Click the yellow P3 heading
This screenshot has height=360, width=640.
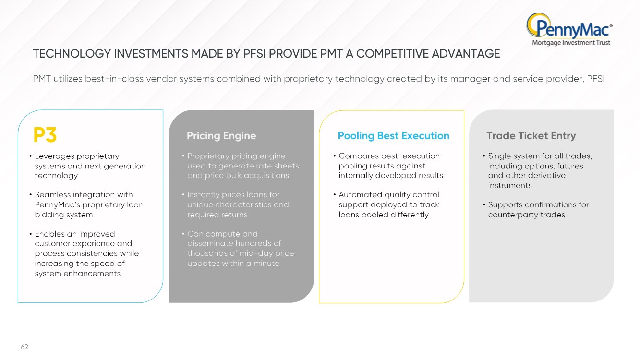(45, 134)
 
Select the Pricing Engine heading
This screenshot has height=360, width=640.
(221, 136)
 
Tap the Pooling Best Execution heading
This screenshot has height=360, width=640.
(393, 136)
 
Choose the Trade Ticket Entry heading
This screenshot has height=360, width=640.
(531, 136)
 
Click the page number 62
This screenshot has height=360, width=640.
(24, 347)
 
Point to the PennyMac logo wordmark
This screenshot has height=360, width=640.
(569, 28)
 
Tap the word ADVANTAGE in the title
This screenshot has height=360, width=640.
(466, 54)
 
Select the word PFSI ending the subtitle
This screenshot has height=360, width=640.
(595, 79)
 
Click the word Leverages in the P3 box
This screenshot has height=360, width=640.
(54, 156)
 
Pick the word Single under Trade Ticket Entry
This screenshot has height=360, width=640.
(500, 156)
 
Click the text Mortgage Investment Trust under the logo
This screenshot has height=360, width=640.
(571, 43)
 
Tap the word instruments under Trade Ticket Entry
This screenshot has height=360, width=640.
(510, 185)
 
